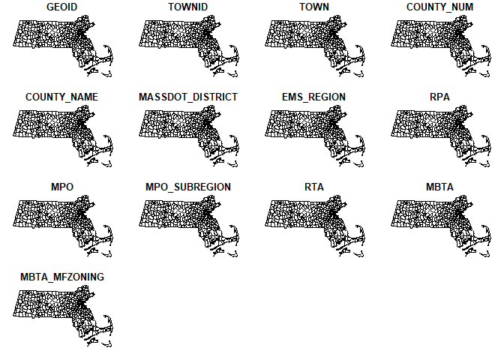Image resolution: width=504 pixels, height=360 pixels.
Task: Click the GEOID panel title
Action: (62, 7)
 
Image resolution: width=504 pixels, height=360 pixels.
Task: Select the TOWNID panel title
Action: (188, 7)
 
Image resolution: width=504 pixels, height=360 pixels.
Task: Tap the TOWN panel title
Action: (314, 7)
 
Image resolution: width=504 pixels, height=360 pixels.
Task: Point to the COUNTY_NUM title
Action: (440, 7)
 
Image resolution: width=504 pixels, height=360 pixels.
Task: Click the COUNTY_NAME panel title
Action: (62, 97)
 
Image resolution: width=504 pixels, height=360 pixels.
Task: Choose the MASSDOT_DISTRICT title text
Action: (188, 97)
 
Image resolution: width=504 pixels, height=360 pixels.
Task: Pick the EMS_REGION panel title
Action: (314, 97)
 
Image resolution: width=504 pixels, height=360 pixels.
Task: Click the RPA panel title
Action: (440, 97)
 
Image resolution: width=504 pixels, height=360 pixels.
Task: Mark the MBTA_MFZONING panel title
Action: (62, 277)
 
